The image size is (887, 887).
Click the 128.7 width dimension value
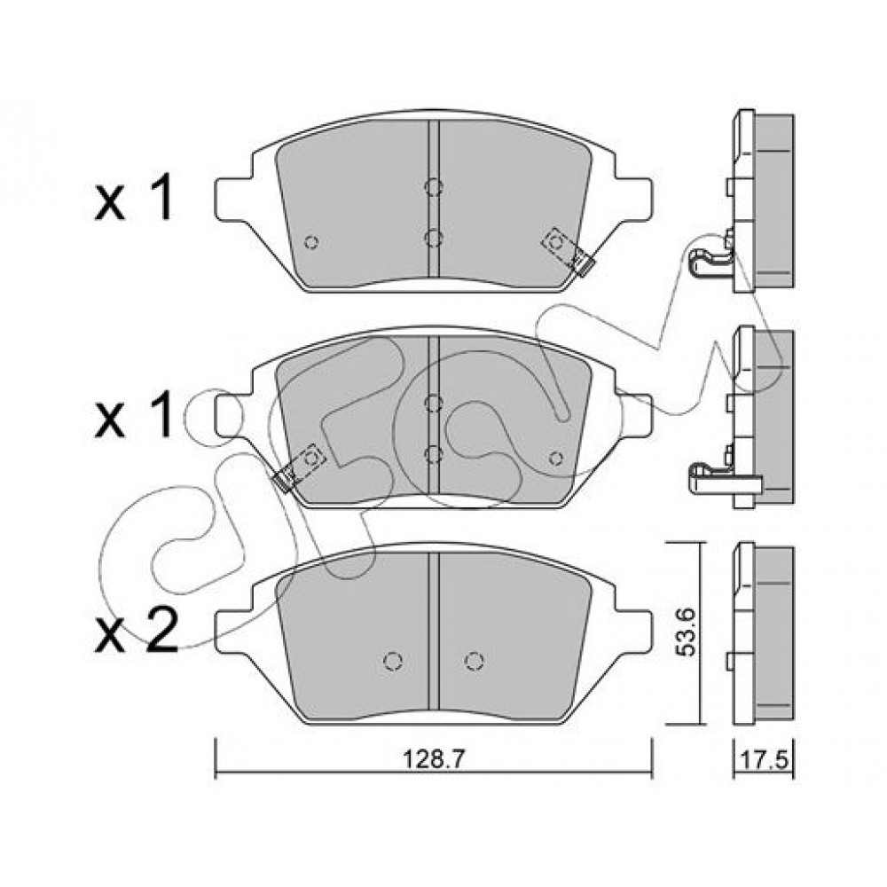[x=434, y=759]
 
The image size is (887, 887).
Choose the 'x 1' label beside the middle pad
[x=134, y=415]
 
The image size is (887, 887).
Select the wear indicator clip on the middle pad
[x=299, y=467]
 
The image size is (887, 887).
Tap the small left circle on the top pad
[x=311, y=242]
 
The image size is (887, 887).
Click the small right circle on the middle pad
[x=556, y=459]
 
